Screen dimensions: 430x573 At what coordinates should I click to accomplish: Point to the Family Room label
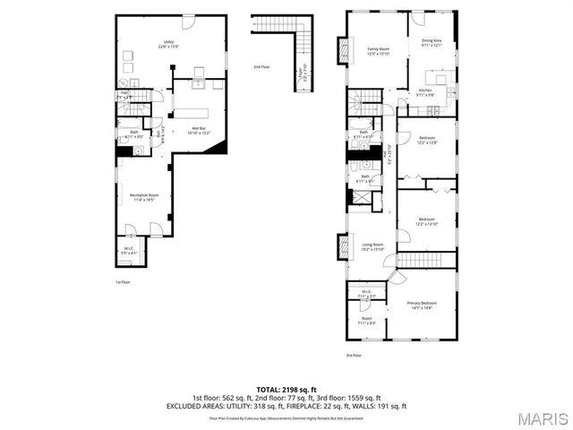[x=379, y=51]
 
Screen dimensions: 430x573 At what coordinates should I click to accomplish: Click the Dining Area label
[x=432, y=42]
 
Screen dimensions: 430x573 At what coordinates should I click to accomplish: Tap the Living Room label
[x=372, y=246]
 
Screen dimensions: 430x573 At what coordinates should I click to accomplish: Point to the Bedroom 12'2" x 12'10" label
[x=427, y=221]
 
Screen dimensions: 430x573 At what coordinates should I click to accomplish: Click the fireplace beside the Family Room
[x=341, y=50]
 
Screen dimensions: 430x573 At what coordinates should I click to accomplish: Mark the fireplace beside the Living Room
[x=341, y=245]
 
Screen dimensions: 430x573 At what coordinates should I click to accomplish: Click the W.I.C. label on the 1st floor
[x=129, y=252]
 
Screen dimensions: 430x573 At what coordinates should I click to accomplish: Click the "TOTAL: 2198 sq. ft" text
[x=286, y=389]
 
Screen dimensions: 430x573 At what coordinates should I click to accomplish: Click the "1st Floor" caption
[x=123, y=281]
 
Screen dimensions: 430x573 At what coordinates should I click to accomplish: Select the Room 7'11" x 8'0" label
[x=367, y=320]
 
